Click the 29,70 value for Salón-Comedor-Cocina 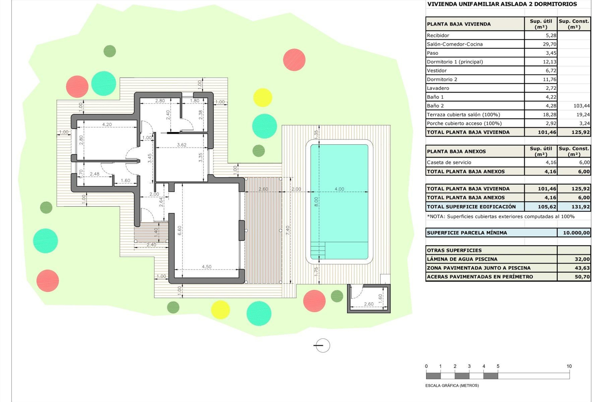click(x=549, y=44)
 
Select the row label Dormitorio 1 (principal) click(x=454, y=62)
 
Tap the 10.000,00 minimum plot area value click(x=576, y=233)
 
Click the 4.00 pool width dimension click(x=339, y=189)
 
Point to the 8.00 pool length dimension click(x=316, y=202)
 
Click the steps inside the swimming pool click(x=318, y=250)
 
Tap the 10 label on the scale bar click(x=569, y=366)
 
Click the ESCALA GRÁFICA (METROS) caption click(x=452, y=385)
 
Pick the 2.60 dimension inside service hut click(x=369, y=304)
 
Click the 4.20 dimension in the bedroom click(x=107, y=124)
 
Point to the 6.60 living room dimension click(x=180, y=231)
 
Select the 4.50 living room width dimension click(x=206, y=267)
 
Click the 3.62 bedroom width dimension click(x=182, y=145)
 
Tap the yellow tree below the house click(x=220, y=310)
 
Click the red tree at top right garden click(x=294, y=60)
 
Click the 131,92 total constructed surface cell click(x=580, y=207)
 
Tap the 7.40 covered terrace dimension click(x=288, y=230)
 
